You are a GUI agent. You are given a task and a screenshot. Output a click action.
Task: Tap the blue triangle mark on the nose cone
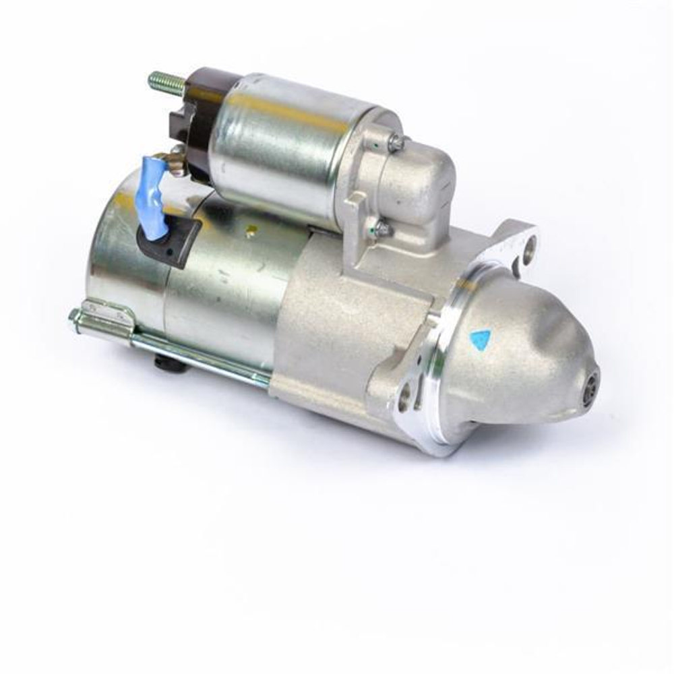[480, 340]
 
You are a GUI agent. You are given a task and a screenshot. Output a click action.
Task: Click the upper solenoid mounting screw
[397, 142]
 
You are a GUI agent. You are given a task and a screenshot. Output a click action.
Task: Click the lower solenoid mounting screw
[382, 230]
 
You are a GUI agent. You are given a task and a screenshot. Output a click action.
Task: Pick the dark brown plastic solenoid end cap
[192, 121]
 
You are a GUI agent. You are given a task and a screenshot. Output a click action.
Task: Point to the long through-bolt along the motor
[202, 357]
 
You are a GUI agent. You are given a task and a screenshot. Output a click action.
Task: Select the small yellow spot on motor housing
[251, 235]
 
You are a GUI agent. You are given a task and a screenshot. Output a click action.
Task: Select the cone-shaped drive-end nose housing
[519, 357]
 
